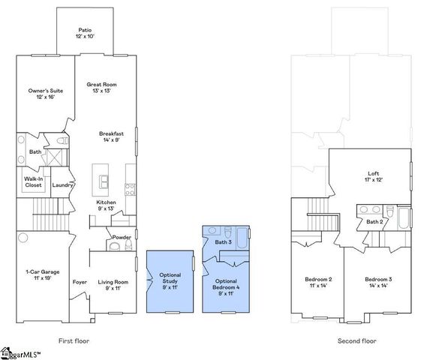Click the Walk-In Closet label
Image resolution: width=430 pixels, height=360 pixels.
[33, 181]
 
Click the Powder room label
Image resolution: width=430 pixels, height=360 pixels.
[122, 236]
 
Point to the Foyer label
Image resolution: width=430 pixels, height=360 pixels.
[80, 282]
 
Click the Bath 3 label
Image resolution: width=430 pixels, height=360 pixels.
[223, 242]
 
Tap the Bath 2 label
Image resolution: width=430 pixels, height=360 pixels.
[375, 221]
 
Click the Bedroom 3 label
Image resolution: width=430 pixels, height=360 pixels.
[377, 282]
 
